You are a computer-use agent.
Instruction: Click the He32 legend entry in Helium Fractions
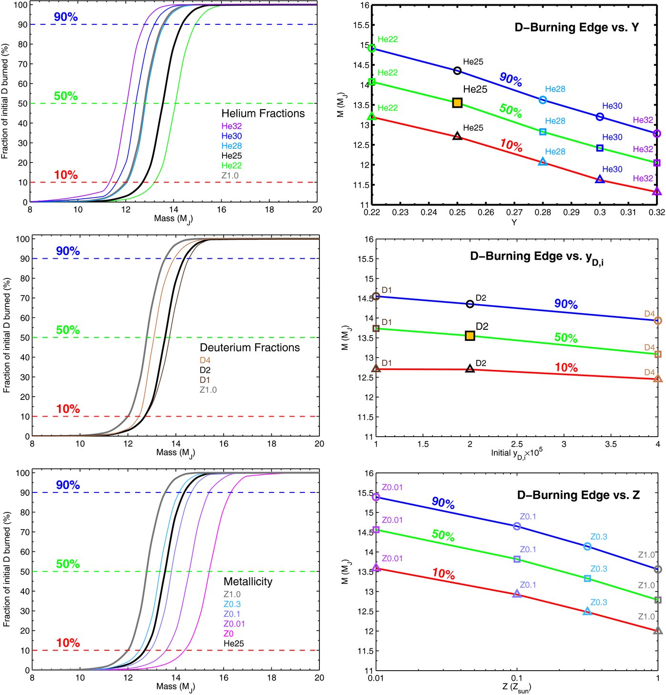point(231,126)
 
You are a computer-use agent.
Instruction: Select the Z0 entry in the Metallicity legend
point(228,634)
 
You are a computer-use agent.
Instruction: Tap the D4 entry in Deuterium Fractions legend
point(205,360)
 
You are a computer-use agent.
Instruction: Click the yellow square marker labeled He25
point(457,102)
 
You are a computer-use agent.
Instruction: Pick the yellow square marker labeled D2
point(470,336)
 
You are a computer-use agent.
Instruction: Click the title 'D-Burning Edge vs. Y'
point(576,27)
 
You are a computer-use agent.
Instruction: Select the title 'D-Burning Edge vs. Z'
point(578,495)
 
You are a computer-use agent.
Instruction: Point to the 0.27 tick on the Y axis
point(514,212)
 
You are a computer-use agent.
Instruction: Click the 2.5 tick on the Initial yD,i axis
point(517,444)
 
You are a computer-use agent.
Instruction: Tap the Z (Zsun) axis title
point(516,687)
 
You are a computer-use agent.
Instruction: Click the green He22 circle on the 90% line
point(372,48)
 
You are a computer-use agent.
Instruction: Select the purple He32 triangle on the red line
point(657,192)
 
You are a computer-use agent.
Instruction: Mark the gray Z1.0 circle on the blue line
point(658,569)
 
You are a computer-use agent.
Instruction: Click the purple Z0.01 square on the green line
point(376,530)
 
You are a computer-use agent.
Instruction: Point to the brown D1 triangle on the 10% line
point(376,368)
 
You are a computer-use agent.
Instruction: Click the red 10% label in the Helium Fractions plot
point(66,175)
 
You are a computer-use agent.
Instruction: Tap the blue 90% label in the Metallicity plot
point(68,485)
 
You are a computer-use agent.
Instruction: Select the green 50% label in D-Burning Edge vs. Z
point(443,535)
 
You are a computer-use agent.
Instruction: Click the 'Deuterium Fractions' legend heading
point(250,347)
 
